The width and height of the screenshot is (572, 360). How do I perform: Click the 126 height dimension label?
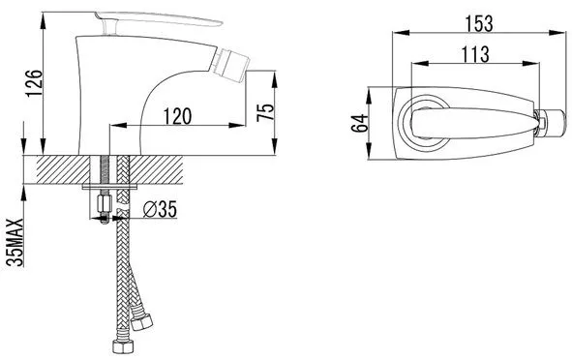click(x=34, y=83)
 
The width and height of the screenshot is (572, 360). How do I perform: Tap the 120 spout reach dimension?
click(x=177, y=116)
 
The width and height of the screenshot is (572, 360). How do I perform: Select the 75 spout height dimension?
click(x=265, y=112)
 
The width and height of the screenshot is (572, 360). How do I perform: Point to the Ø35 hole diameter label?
click(x=160, y=209)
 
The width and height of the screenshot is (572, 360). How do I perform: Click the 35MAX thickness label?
click(x=15, y=242)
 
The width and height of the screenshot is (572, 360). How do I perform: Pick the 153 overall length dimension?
click(x=479, y=23)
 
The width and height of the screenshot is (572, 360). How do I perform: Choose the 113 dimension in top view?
click(x=475, y=54)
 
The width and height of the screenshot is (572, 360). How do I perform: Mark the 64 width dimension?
click(x=359, y=123)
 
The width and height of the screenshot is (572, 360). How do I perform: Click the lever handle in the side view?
click(x=159, y=20)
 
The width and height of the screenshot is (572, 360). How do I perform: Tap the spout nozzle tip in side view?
click(x=229, y=66)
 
